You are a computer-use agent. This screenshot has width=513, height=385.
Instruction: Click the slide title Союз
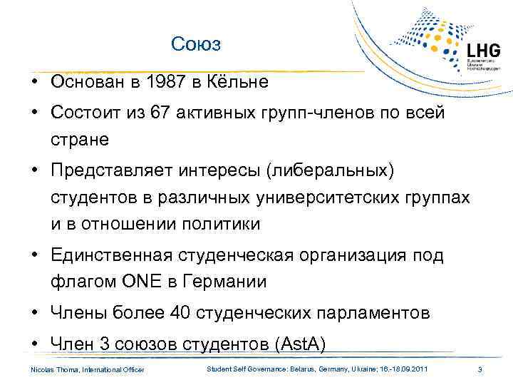point(197,45)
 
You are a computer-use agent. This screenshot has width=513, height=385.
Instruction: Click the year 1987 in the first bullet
point(156,82)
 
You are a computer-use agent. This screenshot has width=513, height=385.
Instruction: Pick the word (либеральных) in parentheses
point(340,170)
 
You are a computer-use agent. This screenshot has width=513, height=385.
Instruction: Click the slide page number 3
point(480,369)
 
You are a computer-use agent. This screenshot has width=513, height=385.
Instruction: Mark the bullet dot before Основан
point(34,82)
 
